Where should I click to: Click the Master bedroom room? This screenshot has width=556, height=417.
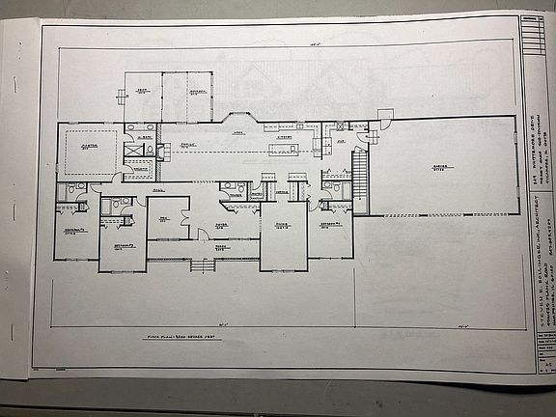tap(88, 150)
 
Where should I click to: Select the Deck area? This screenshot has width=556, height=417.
tap(142, 96)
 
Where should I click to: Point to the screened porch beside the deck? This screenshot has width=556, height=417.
tap(186, 96)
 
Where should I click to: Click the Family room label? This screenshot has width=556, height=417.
tap(189, 147)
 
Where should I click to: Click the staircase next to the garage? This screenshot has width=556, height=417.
tap(360, 174)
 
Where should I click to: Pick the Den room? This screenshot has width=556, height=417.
tap(166, 218)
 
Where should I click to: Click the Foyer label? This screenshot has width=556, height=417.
tap(221, 221)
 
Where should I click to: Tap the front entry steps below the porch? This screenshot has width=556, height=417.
tap(202, 264)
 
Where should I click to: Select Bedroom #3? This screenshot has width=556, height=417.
tap(122, 243)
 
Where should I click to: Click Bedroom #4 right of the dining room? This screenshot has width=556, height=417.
tap(329, 224)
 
